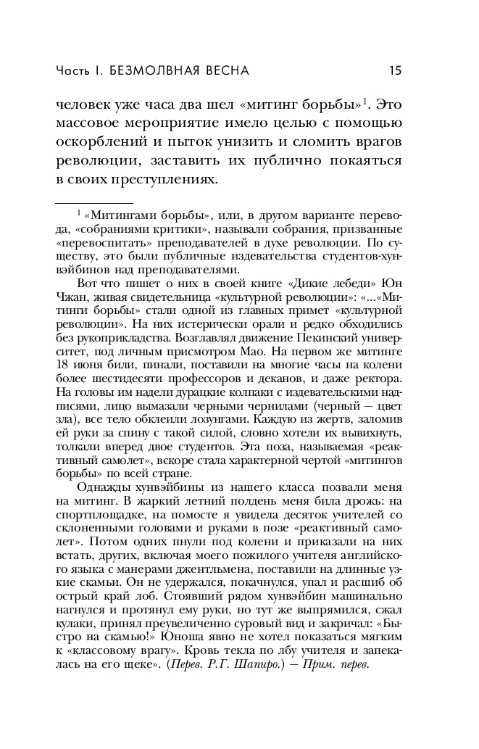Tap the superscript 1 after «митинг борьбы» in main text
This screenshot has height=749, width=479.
366,100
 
